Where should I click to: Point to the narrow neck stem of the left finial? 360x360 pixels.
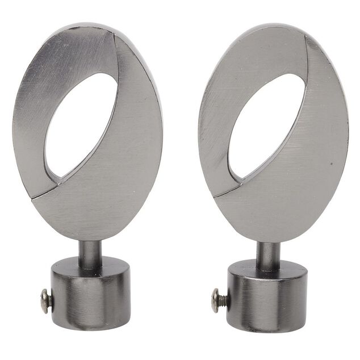90,253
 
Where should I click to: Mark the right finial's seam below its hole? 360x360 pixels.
227,190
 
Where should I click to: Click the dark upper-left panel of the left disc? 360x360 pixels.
45,85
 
